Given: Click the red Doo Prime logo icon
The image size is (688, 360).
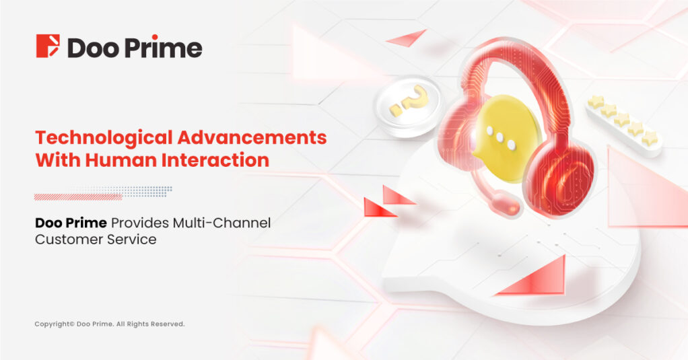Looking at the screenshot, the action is click(47, 46).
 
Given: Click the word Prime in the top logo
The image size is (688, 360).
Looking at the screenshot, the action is click(163, 47).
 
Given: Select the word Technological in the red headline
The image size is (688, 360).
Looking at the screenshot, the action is click(104, 139).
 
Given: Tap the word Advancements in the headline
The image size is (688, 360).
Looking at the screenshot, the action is click(252, 138).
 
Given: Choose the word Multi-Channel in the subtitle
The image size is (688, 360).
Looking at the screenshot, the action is click(221, 223).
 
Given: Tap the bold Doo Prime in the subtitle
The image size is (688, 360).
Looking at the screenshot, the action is click(71, 223).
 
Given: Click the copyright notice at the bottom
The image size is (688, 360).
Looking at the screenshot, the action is click(110, 324).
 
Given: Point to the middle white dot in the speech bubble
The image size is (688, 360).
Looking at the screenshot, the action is click(500, 138).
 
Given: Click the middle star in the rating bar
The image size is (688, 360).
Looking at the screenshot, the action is click(622, 118).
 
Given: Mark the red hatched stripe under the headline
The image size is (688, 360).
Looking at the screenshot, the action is click(78, 197).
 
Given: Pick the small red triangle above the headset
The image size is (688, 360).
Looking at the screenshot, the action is click(408, 38).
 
